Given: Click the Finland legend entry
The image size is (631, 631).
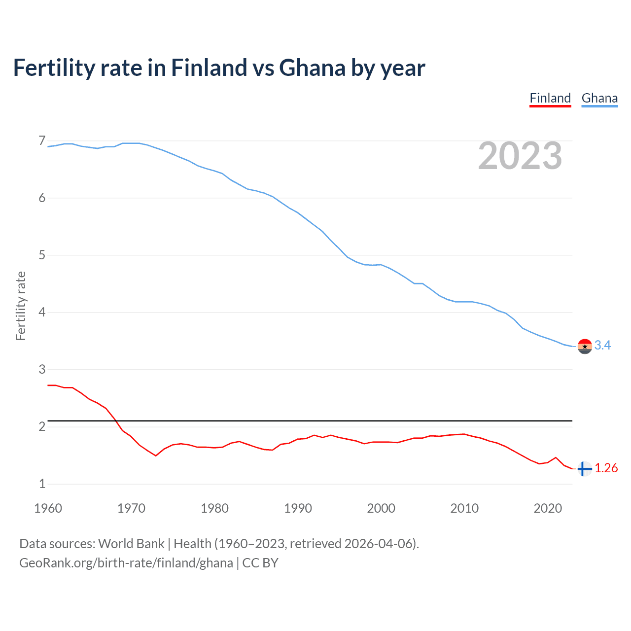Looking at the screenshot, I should coord(550,98).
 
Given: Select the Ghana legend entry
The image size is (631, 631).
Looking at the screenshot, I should coord(599,98).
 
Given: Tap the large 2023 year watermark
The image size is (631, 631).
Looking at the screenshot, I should coord(520,156).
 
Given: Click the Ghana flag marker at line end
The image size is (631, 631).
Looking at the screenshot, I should coord(585,347).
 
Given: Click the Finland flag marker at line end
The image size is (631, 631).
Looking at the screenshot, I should coord(585,469).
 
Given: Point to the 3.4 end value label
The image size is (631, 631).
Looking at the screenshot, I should coord(602,346).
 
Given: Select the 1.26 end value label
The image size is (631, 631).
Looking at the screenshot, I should coord(606,468).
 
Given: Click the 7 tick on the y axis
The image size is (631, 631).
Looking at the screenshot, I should coord(42,141).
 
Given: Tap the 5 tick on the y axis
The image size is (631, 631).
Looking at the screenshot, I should coord(42,255).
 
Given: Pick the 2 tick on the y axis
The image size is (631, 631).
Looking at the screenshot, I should coord(42,427).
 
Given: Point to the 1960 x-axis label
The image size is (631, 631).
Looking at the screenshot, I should coord(48,508).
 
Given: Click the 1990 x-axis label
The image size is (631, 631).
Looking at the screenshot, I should coord(298,508).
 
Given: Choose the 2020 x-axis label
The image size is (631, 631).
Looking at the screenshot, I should coord(548,508).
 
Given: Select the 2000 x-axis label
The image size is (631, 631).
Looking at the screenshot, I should coord(381,508).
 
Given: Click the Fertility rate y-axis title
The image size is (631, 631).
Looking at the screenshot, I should coord(21,306).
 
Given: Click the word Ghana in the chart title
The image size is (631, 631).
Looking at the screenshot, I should coord(312,68).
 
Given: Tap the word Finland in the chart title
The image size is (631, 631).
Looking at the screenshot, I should coord(209,68).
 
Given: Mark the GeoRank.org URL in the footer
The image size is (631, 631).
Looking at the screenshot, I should coord(126,563).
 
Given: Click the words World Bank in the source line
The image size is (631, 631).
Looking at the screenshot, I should coord(131,544).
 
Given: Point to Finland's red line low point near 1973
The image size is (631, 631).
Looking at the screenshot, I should coord(156,456).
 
